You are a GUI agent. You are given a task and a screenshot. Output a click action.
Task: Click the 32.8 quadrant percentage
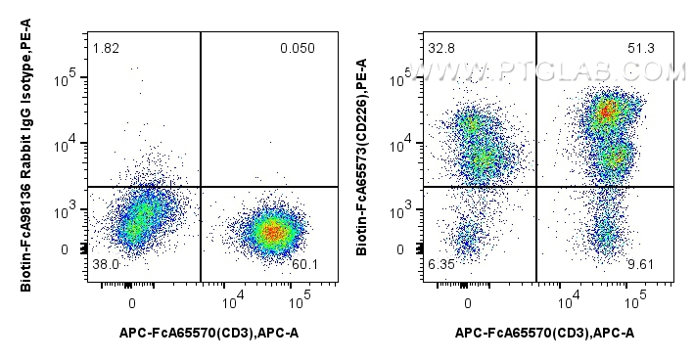coord(440,49)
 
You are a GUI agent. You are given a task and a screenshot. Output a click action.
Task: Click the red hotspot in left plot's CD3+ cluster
coord(273,232)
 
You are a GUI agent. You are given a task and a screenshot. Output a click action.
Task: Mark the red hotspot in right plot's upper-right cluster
coord(607,112)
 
